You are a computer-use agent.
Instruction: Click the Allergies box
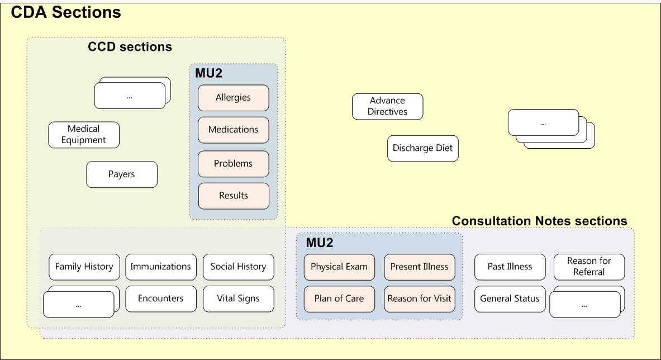(x=233, y=98)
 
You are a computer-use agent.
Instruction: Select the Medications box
(x=233, y=130)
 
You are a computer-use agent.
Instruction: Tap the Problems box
(x=233, y=164)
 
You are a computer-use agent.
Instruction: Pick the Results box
(x=233, y=196)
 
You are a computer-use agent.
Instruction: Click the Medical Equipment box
(x=84, y=135)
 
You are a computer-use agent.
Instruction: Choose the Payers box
(x=122, y=174)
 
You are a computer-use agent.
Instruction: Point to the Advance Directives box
(x=387, y=106)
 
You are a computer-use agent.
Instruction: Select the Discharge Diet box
(x=422, y=149)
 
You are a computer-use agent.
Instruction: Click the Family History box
(x=84, y=267)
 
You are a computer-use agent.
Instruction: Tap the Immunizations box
(x=161, y=267)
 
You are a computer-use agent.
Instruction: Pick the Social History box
(x=238, y=267)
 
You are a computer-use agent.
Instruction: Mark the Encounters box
(x=161, y=299)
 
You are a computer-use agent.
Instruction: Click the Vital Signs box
(x=238, y=299)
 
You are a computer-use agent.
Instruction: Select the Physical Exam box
(x=339, y=267)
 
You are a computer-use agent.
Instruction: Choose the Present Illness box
(x=419, y=267)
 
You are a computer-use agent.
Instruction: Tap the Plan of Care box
(x=339, y=299)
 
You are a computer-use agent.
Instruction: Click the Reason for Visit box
(x=419, y=299)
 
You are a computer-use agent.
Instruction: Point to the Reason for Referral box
(x=589, y=267)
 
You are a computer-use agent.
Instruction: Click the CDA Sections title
(x=66, y=13)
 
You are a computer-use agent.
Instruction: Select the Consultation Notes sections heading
(x=539, y=221)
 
